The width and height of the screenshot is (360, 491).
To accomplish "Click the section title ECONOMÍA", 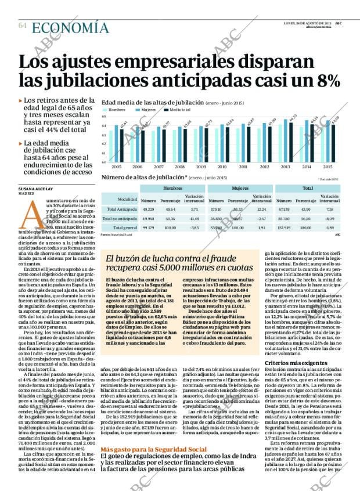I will [70, 27].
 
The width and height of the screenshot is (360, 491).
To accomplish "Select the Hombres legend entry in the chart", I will [116, 109].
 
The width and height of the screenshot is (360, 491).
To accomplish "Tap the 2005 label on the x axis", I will [116, 166].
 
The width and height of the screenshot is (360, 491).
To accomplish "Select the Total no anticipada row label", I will [117, 218].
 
